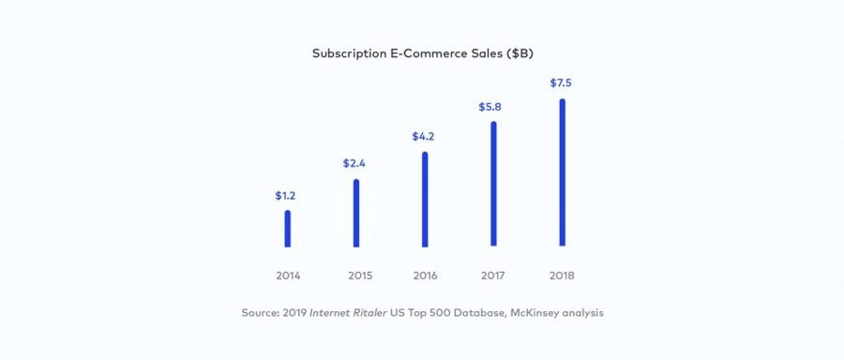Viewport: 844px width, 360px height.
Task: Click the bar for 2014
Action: click(287, 229)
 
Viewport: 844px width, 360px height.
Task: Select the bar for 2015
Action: click(356, 213)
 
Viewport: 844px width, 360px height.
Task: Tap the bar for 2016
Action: click(425, 199)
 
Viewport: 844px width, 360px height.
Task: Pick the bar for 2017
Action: click(493, 184)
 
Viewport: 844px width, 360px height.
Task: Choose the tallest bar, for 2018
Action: click(562, 172)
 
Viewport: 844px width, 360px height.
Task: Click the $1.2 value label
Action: click(286, 196)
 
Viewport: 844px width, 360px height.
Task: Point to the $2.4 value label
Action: click(354, 163)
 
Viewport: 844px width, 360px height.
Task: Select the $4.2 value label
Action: click(423, 136)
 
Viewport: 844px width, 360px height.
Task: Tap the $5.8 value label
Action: click(490, 107)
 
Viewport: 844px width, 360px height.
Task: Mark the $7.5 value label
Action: click(561, 82)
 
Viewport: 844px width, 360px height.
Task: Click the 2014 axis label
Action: click(288, 276)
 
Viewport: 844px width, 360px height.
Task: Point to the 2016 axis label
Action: click(425, 276)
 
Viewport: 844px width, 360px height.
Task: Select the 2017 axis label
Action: click(493, 276)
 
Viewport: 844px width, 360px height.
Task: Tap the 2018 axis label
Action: click(563, 276)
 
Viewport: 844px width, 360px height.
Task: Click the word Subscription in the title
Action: click(349, 53)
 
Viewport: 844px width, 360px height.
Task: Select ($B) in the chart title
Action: click(520, 53)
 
